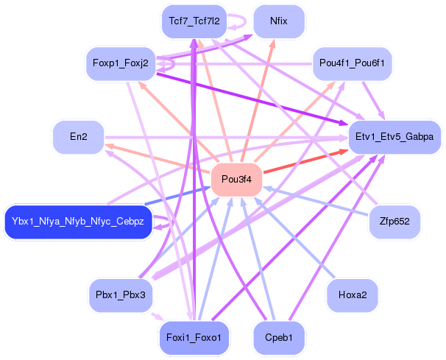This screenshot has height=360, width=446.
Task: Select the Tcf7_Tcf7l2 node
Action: click(x=194, y=21)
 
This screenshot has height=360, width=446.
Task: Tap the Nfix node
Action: click(x=278, y=21)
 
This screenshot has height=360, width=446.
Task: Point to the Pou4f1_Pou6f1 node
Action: click(x=353, y=64)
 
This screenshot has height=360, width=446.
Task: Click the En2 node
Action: click(x=78, y=138)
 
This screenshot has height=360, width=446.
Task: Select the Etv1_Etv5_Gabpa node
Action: click(x=394, y=138)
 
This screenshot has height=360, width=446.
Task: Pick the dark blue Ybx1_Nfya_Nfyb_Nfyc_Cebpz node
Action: click(x=78, y=222)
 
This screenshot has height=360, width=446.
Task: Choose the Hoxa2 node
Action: click(x=353, y=295)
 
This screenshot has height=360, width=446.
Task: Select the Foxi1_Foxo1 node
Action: click(x=194, y=338)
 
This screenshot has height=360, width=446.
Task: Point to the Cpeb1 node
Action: click(x=278, y=338)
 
